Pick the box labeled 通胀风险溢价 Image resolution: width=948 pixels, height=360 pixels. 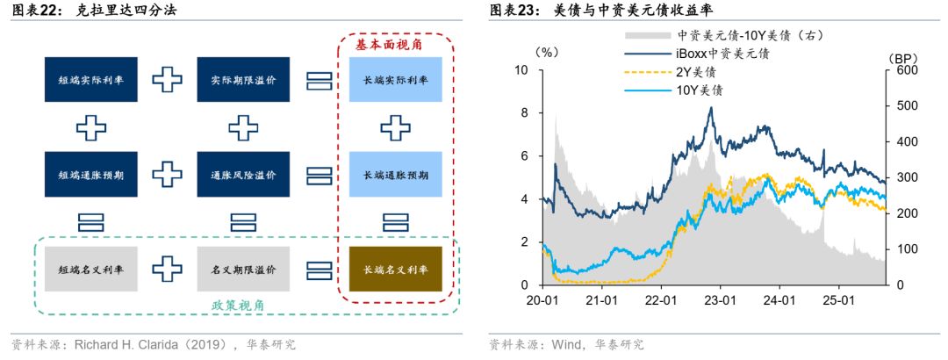(243, 175)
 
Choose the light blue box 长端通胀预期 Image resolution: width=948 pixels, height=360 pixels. (395, 175)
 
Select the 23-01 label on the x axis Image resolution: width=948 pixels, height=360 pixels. (720, 300)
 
